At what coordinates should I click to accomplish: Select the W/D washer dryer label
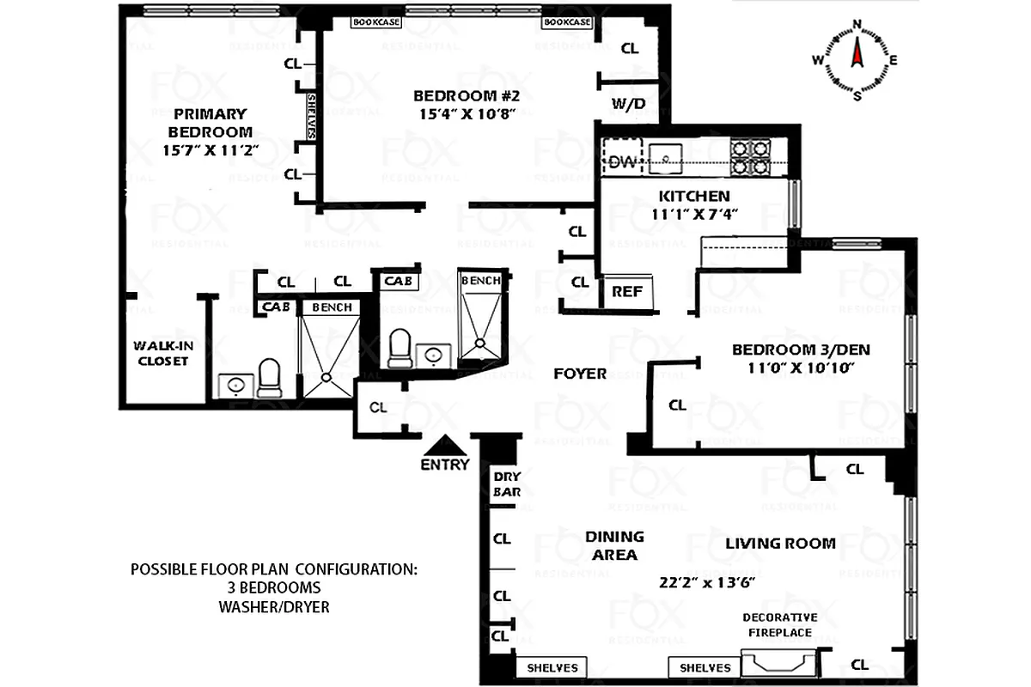[x=629, y=104]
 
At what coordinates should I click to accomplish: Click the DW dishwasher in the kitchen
[x=622, y=161]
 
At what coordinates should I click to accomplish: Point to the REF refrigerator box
[x=627, y=291]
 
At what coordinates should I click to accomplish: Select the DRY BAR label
[x=502, y=485]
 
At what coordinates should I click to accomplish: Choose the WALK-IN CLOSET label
[x=160, y=353]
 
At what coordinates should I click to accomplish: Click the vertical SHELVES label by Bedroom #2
[x=311, y=116]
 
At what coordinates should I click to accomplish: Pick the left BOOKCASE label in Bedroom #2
[x=376, y=22]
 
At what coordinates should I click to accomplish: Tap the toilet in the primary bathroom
[x=269, y=377]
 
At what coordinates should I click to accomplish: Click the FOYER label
[x=580, y=374]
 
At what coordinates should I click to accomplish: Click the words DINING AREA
[x=614, y=545]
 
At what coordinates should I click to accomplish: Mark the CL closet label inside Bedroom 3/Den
[x=677, y=404]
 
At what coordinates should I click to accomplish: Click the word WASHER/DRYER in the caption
[x=273, y=607]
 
